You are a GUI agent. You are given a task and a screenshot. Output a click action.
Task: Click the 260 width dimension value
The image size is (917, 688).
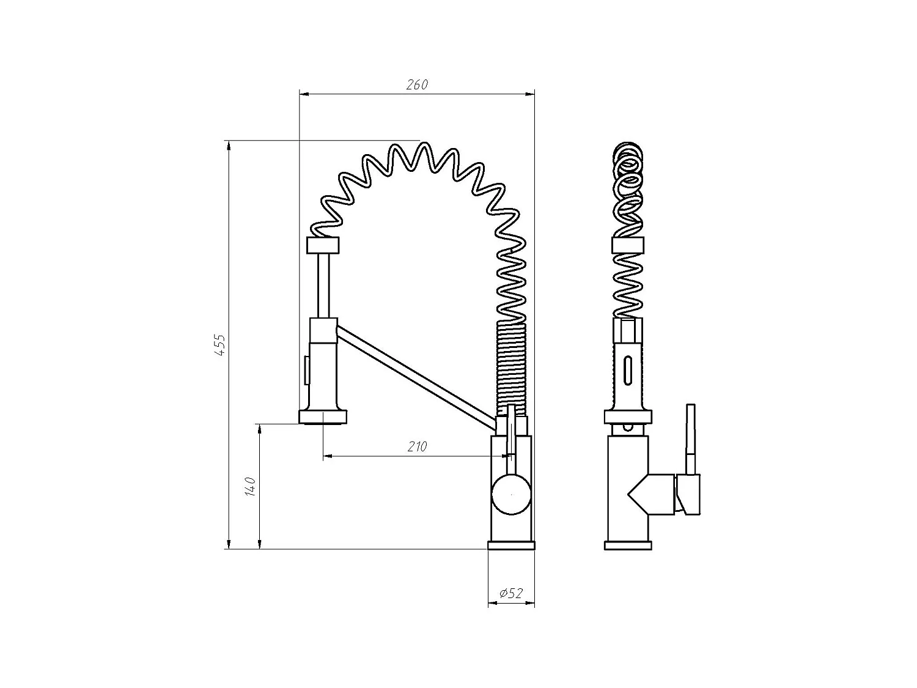417,85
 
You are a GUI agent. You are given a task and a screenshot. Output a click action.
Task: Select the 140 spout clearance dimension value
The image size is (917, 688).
249,487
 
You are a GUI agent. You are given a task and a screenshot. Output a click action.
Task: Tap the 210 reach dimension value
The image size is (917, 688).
417,447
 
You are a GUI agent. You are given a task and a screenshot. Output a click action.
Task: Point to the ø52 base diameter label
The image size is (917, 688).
511,593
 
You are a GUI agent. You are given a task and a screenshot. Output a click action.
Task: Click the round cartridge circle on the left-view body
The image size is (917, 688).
511,494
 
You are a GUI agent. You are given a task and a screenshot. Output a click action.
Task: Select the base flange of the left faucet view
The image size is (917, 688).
511,546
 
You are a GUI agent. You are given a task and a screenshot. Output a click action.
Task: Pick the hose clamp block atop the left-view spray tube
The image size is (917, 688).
322,245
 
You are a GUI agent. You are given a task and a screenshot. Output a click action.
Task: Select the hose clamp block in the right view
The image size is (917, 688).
627,245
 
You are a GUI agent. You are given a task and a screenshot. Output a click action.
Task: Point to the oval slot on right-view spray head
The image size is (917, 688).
627,370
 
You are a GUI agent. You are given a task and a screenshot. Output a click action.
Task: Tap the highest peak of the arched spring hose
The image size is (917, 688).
421,144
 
